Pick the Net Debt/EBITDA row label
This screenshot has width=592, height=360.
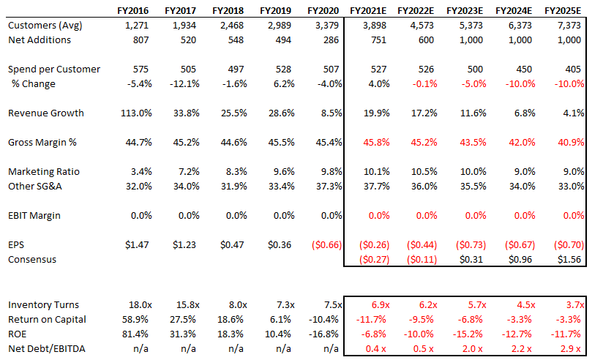48,348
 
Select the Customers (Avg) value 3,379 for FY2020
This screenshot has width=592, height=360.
326,26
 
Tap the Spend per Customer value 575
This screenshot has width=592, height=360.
136,70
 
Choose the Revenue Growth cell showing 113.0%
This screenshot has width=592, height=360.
132,113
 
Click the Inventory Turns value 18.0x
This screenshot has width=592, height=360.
134,304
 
